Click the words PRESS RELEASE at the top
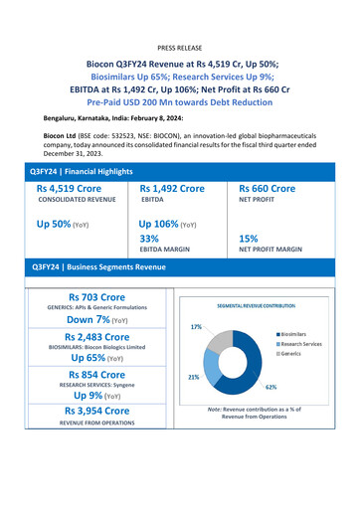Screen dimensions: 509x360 pyautogui.click(x=180, y=47)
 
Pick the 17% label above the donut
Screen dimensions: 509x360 pyautogui.click(x=197, y=326)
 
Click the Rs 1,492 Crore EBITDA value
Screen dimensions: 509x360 pyautogui.click(x=172, y=187)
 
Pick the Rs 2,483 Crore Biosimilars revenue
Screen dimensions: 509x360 pyautogui.click(x=96, y=338)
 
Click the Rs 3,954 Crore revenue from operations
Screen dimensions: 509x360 pyautogui.click(x=96, y=410)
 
